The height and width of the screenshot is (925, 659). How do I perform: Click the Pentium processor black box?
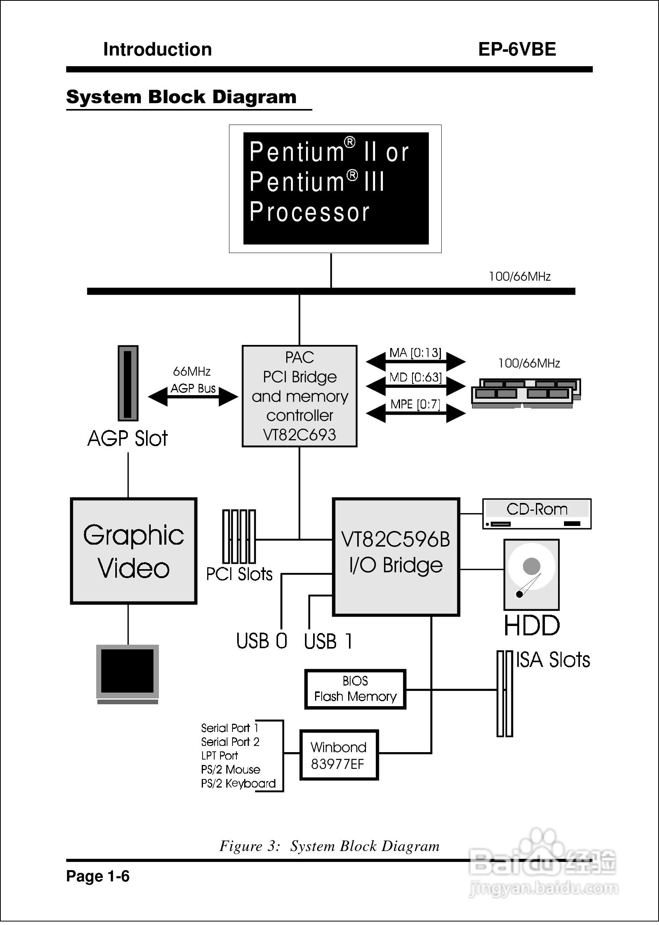coord(336,188)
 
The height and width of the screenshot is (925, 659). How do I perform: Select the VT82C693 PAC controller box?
coord(300,396)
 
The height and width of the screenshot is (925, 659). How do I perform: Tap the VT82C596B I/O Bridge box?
coord(396,557)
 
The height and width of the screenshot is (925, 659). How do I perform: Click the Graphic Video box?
coord(134,551)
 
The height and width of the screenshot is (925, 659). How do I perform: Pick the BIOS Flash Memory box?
coord(355,689)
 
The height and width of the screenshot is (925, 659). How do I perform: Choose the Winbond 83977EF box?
coord(338,755)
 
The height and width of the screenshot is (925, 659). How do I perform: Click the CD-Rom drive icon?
coord(536,514)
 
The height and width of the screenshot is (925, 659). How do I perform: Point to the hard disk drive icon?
coord(531,575)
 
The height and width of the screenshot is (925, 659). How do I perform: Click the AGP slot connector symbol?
coord(128,383)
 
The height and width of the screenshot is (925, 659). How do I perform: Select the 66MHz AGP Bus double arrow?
coord(193,397)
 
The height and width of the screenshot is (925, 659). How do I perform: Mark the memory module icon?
coord(525,392)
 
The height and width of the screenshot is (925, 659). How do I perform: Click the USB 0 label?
coord(261,641)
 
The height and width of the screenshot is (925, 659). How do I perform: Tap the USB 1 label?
coord(328,641)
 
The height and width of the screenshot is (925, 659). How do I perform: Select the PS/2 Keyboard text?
coord(238,783)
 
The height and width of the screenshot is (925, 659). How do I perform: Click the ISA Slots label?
coord(553,660)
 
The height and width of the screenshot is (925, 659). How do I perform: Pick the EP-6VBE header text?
coord(516,49)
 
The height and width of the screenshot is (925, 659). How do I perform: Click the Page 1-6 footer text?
coord(98,876)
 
